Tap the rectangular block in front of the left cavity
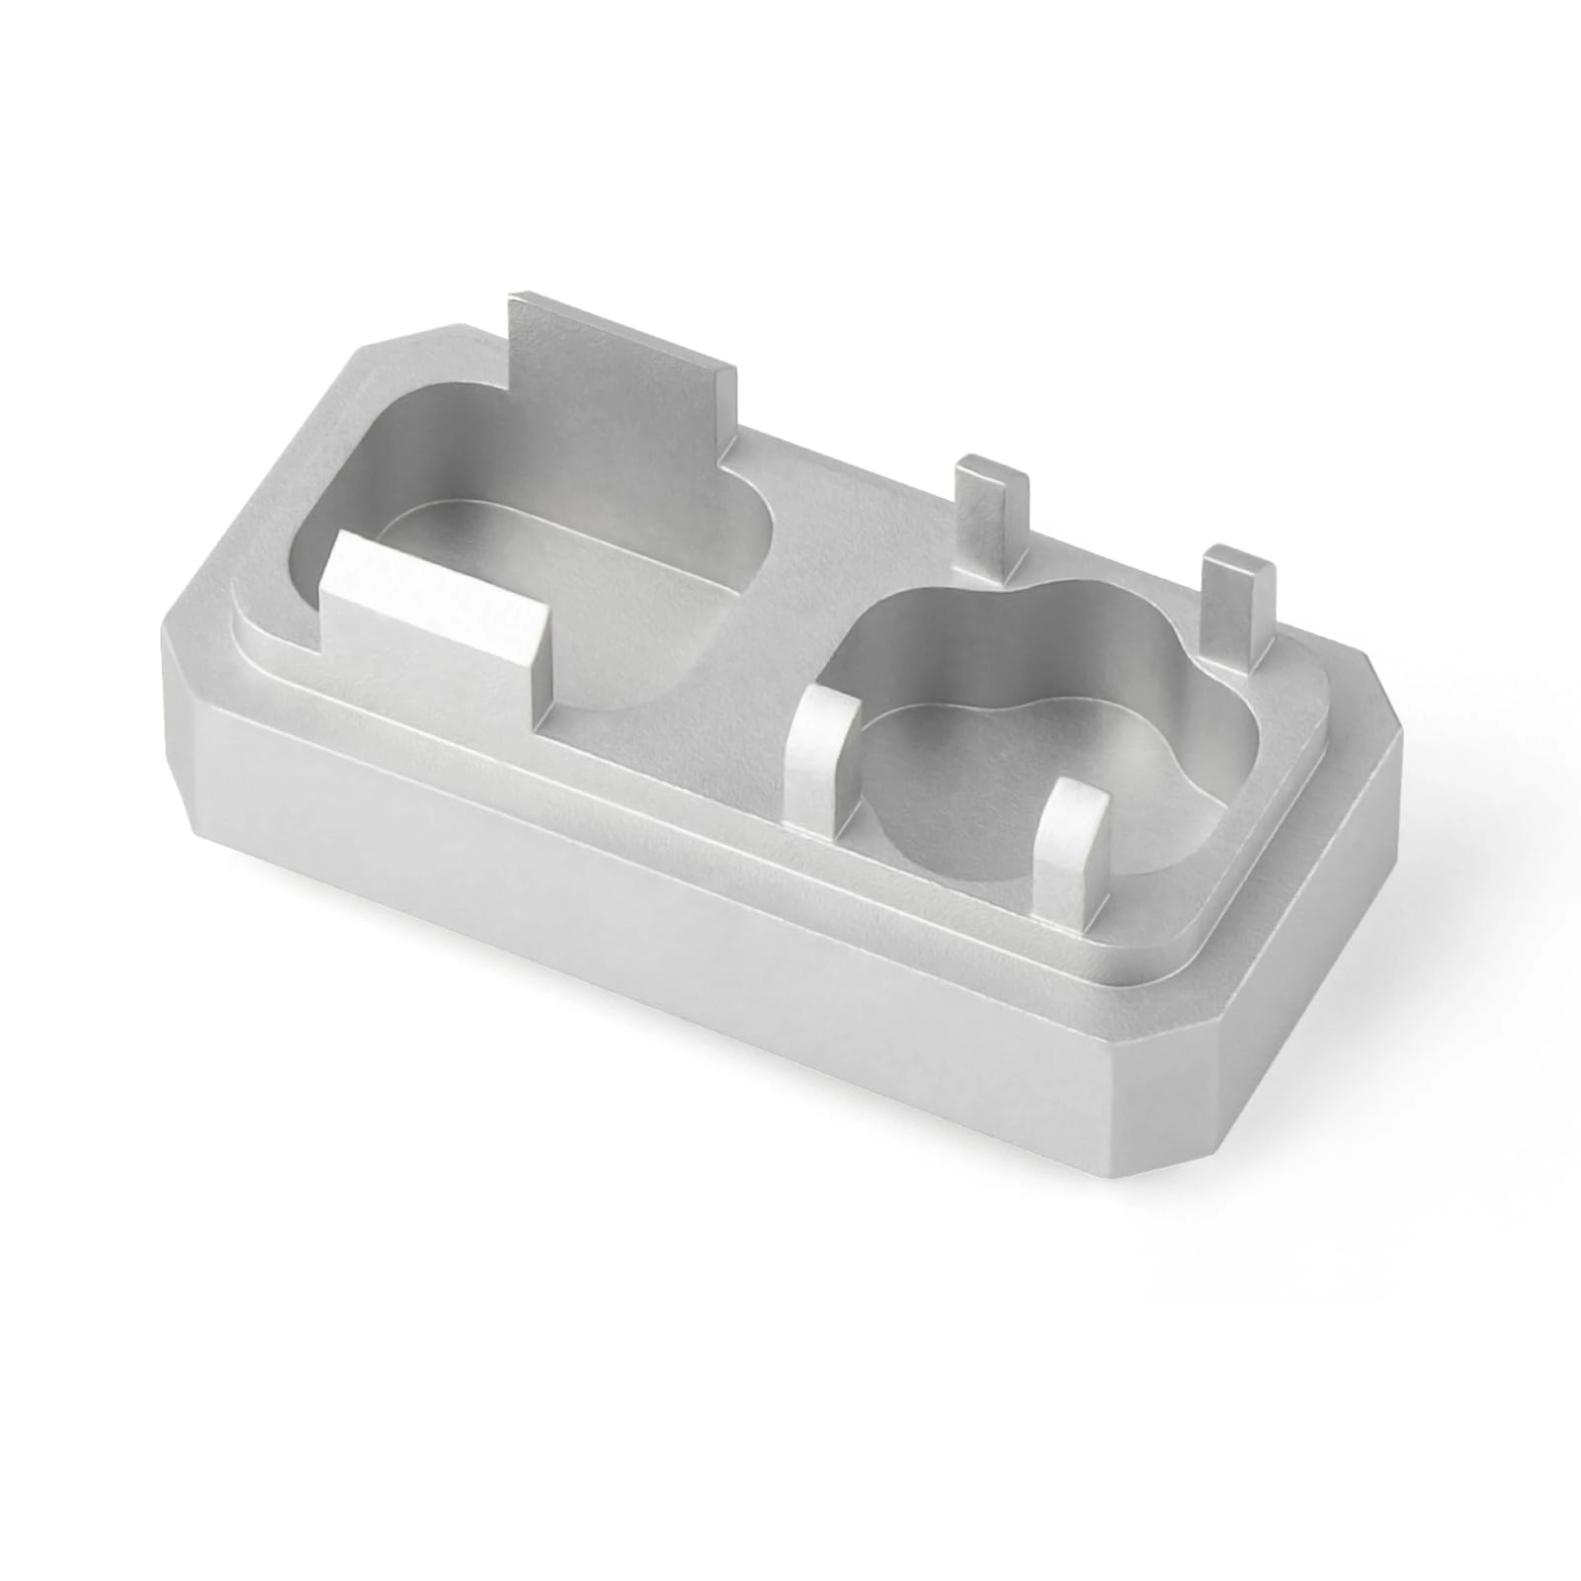435,642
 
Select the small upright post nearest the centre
993,524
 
